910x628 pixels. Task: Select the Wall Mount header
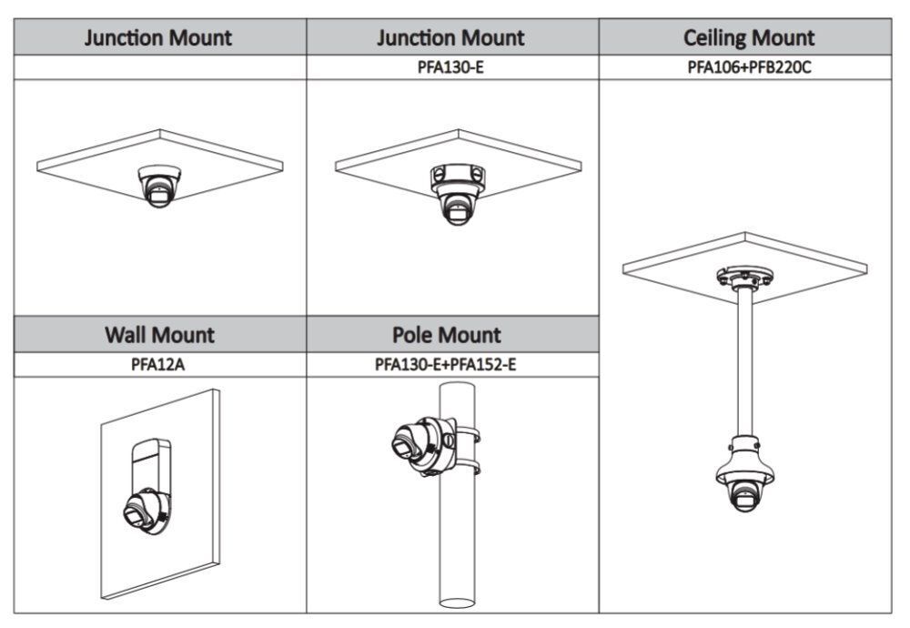pos(160,334)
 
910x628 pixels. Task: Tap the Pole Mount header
pos(452,334)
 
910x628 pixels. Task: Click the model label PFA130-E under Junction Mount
pos(451,67)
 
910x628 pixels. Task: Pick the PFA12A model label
pos(160,364)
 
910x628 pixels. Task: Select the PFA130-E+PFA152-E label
pos(452,364)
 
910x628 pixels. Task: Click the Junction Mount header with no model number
pos(160,38)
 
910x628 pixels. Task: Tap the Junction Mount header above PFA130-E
pos(451,38)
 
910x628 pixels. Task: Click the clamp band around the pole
pos(470,446)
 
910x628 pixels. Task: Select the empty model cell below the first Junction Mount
pos(160,67)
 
